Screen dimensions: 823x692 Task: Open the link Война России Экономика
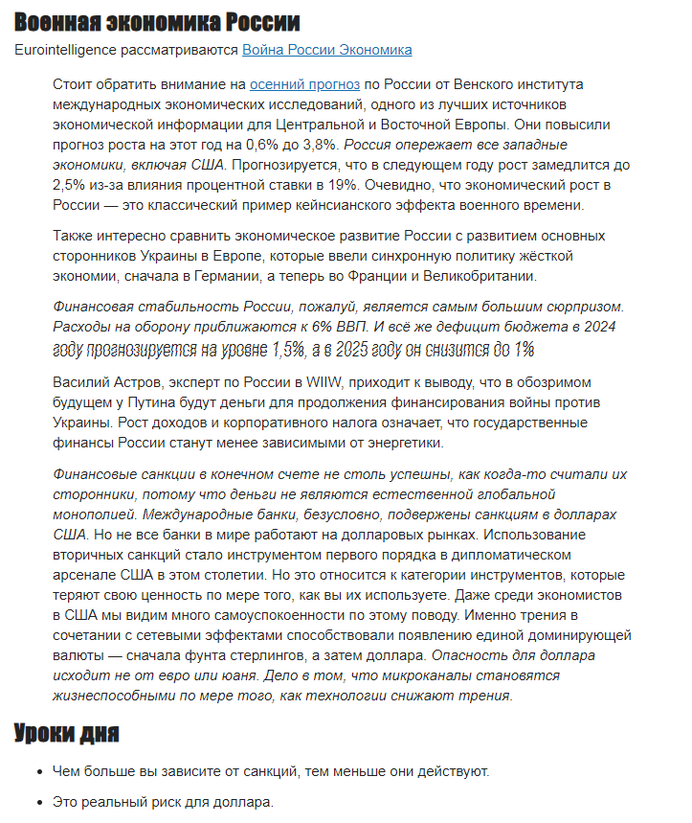327,50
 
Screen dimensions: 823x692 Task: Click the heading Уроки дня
66,734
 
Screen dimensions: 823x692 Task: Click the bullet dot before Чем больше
39,771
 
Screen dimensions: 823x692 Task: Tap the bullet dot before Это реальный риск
39,802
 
